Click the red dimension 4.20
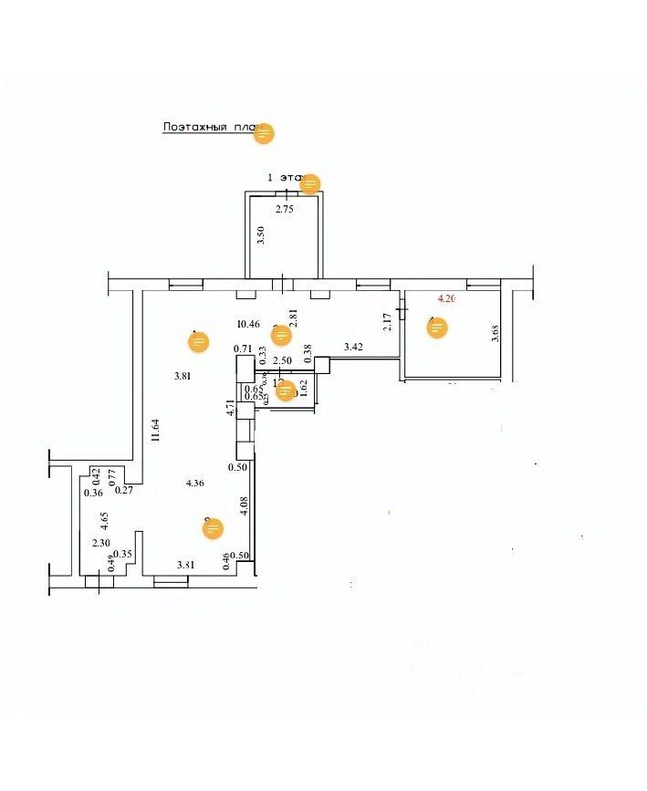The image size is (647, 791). coord(446,298)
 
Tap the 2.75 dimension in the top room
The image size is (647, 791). coord(285,210)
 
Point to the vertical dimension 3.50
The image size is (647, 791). coord(261,235)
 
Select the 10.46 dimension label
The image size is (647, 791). coord(247,323)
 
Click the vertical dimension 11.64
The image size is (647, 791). coord(157,429)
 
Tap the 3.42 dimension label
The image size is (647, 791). coord(353,347)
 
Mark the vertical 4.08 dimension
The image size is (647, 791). coord(244,506)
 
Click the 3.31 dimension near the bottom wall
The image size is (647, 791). coord(185,566)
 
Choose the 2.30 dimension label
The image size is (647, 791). coord(101,543)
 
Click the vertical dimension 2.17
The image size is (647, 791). coord(386,322)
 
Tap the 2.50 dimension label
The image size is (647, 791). coord(285,360)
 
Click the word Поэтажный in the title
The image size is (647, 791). coord(194,128)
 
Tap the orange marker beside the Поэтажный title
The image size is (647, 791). coord(264,133)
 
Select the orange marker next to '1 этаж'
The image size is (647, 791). coord(310,183)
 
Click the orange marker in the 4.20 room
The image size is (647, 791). coord(438,328)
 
